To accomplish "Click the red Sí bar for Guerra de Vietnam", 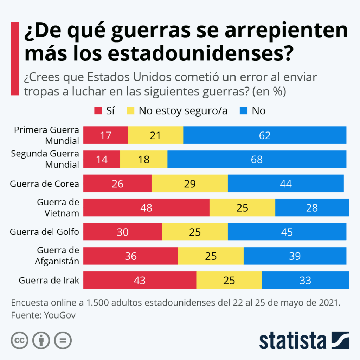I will (146, 207).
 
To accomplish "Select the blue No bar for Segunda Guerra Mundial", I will (257, 159).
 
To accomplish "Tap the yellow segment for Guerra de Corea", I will (189, 184).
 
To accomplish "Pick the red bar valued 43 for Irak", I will (140, 280).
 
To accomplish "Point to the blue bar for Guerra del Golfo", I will (287, 232).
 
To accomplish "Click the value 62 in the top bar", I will (265, 135).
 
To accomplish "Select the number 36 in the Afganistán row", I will (130, 256).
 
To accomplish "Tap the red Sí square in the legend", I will (98, 111).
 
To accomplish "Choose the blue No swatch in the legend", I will (244, 111).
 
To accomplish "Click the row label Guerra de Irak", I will (49, 281).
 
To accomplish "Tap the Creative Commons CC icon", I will (20, 340).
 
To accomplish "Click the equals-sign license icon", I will (63, 340).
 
